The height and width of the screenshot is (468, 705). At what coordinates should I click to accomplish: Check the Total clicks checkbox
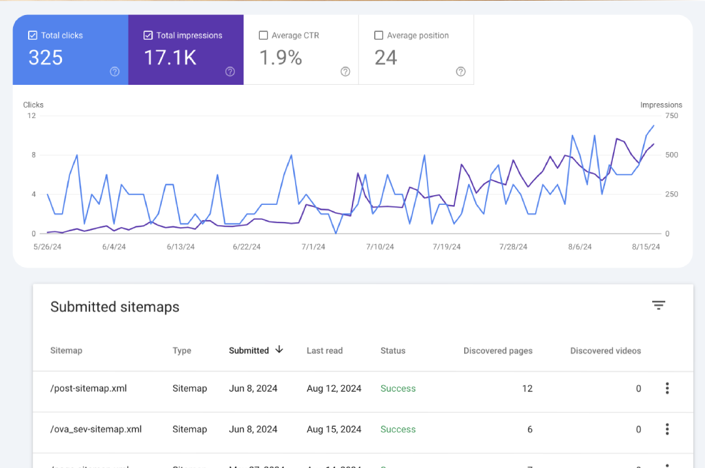(x=33, y=35)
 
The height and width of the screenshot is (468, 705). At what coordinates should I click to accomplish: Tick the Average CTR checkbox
(x=263, y=35)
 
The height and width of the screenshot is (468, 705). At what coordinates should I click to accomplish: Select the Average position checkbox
(x=379, y=35)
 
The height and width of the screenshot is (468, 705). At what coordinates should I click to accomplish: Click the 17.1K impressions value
(x=170, y=58)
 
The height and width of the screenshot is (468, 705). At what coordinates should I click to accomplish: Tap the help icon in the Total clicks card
(x=115, y=72)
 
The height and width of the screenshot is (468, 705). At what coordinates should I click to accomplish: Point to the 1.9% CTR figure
(x=281, y=58)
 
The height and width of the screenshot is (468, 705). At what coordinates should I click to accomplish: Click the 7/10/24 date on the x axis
(x=380, y=247)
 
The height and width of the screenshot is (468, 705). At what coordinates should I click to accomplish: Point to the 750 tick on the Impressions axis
(x=672, y=116)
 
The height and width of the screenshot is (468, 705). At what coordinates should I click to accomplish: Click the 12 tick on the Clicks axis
(x=31, y=116)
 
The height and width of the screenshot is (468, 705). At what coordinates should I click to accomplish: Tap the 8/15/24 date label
(x=646, y=247)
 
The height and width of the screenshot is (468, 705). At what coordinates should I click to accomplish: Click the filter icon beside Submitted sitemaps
(x=659, y=305)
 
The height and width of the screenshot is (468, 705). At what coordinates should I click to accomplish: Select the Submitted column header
(x=249, y=351)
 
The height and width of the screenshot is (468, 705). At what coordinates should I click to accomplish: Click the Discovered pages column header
(x=498, y=351)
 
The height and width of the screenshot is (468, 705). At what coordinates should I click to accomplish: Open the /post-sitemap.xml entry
(x=88, y=388)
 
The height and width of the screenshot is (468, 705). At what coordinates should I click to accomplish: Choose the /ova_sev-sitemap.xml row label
(x=96, y=429)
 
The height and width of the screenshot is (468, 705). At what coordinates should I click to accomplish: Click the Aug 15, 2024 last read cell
(x=334, y=429)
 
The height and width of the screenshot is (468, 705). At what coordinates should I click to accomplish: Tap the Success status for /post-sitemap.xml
(x=398, y=388)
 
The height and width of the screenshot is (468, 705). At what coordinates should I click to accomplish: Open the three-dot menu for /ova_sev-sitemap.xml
(x=667, y=429)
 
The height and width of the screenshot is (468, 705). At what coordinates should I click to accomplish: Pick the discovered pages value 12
(x=527, y=388)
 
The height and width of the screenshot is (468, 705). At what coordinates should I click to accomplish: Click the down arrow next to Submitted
(x=279, y=350)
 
